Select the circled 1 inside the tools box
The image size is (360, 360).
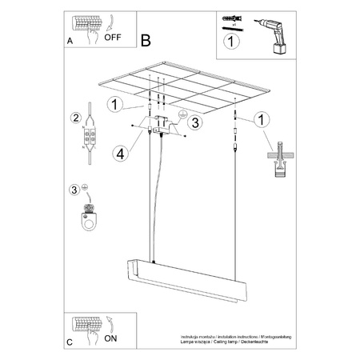click(230, 40)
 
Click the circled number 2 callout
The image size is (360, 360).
click(75, 119)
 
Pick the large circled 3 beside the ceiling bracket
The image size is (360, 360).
click(192, 122)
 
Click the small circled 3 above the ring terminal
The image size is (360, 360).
click(74, 189)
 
